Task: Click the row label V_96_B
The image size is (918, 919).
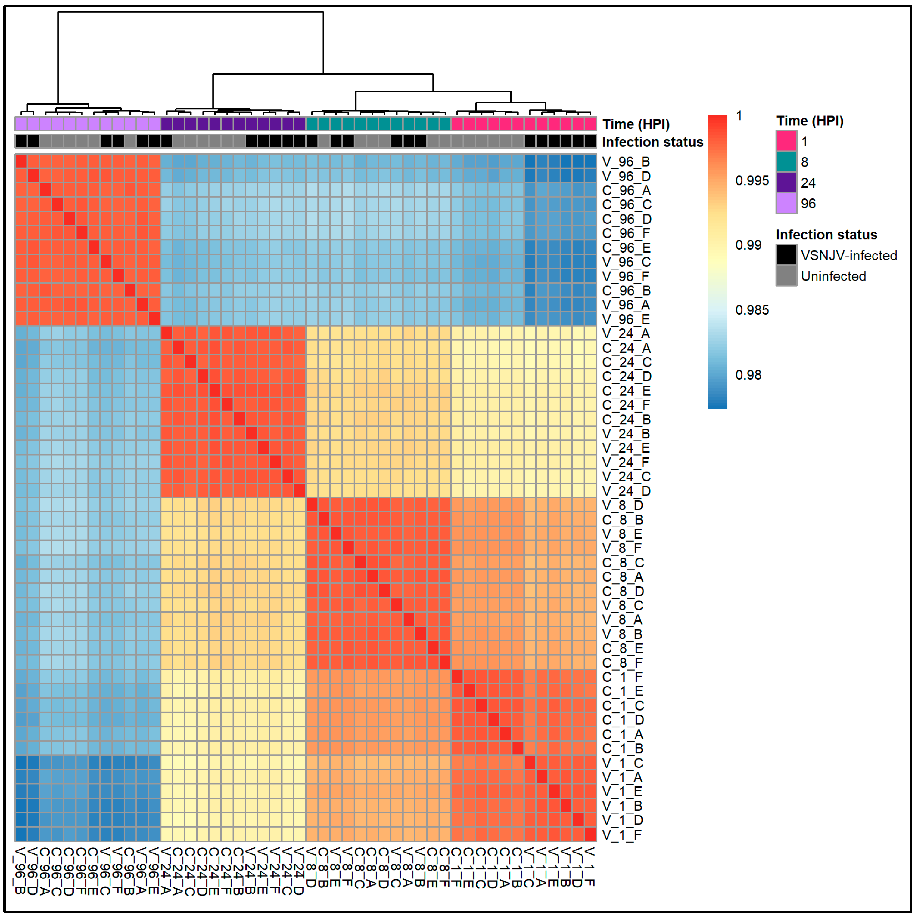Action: tap(626, 162)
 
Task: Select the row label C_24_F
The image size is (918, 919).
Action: tap(626, 405)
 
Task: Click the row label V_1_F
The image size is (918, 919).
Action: tap(622, 835)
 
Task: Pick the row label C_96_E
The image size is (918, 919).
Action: tap(626, 248)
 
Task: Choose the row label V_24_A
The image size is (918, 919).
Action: tap(626, 333)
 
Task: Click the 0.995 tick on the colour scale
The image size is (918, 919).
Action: tap(752, 181)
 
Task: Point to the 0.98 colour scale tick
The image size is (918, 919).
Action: tap(748, 375)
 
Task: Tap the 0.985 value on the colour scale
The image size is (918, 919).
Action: tap(752, 310)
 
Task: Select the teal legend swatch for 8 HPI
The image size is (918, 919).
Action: tap(786, 162)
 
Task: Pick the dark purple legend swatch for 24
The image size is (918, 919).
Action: tap(786, 183)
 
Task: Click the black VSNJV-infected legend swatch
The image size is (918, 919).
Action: tap(786, 255)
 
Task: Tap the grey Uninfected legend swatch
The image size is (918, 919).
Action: tap(786, 276)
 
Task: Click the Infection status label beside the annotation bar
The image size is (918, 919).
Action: tap(652, 142)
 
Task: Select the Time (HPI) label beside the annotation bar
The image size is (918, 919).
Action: tap(636, 124)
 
